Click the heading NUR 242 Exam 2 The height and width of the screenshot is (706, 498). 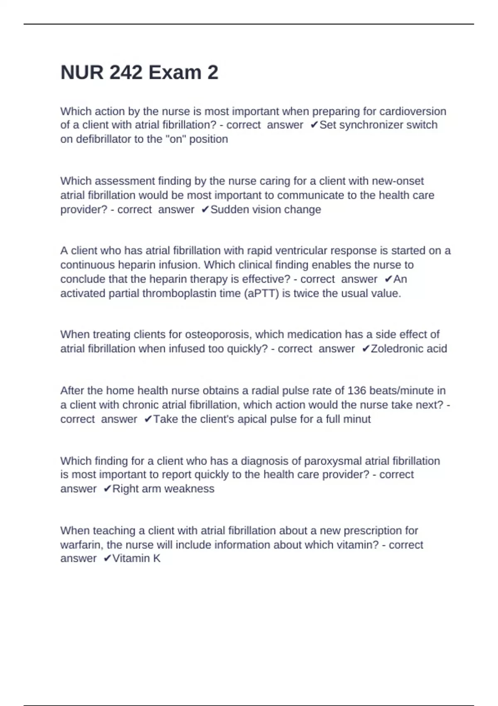point(139,73)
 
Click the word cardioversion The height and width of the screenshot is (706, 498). point(413,111)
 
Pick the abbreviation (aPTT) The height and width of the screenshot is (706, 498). point(262,293)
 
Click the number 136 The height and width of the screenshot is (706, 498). point(356,391)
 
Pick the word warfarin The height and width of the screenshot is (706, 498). point(81,545)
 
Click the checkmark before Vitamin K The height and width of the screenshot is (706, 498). point(107,559)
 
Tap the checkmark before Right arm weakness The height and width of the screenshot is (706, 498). point(107,489)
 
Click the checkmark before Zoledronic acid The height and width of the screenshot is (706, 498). point(365,348)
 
